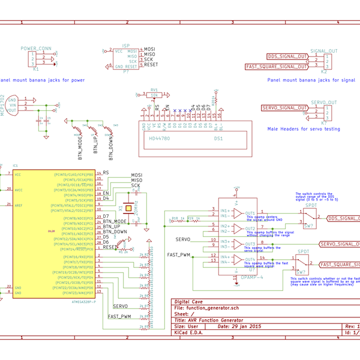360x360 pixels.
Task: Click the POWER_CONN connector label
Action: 36,47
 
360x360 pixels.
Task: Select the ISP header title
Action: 125,45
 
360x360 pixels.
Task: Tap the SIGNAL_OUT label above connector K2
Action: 324,51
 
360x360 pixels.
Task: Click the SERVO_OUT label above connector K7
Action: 324,103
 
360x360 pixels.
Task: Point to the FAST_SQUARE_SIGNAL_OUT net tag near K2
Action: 277,67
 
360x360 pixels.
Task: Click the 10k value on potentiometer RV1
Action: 154,95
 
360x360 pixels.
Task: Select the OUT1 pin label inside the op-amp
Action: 250,213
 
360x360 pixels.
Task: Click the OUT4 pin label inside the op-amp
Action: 250,260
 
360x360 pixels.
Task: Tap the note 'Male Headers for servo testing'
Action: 302,128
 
